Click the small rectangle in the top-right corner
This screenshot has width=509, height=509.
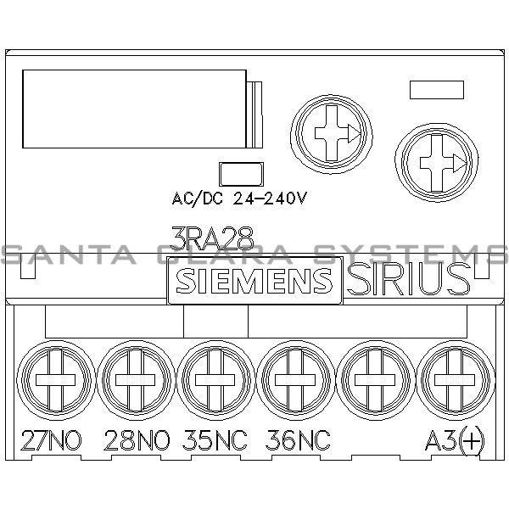point(436,89)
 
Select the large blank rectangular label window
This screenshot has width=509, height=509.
point(136,107)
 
